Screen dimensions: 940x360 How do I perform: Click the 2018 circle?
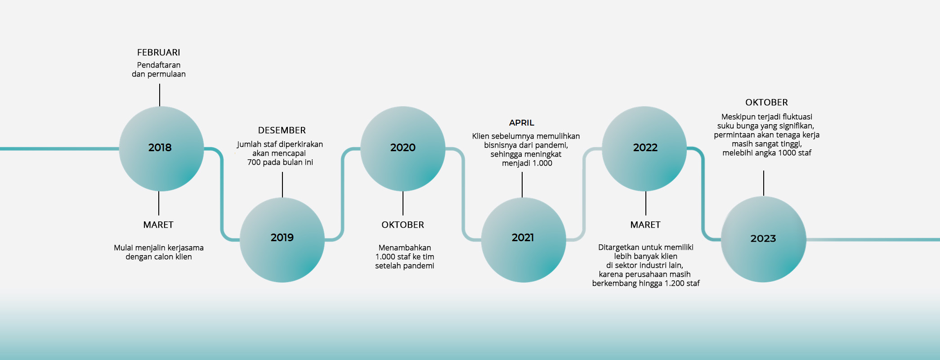pos(161,149)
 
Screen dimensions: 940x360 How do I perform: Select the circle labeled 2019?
pos(282,240)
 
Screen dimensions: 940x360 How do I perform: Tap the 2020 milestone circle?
pos(403,149)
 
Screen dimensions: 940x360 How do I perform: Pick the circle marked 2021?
pos(524,240)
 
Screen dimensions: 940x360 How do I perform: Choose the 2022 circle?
pos(645,149)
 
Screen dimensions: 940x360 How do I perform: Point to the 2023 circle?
pos(764,239)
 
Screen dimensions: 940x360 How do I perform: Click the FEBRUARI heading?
pos(159,53)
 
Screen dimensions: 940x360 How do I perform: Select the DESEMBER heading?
pos(282,130)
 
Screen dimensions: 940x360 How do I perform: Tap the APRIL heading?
pos(522,123)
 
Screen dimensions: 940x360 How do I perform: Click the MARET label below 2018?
pos(158,225)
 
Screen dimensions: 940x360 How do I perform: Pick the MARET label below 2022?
pos(645,225)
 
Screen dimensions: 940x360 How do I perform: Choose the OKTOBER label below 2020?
pos(403,225)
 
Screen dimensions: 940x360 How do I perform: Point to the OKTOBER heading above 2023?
pos(767,103)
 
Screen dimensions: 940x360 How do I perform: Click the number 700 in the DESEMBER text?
pos(254,162)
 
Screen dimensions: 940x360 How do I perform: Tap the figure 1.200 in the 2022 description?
pos(674,283)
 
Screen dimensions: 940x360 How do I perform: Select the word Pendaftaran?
pos(159,65)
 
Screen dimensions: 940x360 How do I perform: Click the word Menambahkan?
pos(405,248)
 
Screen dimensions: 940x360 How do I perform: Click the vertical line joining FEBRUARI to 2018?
pos(160,95)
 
